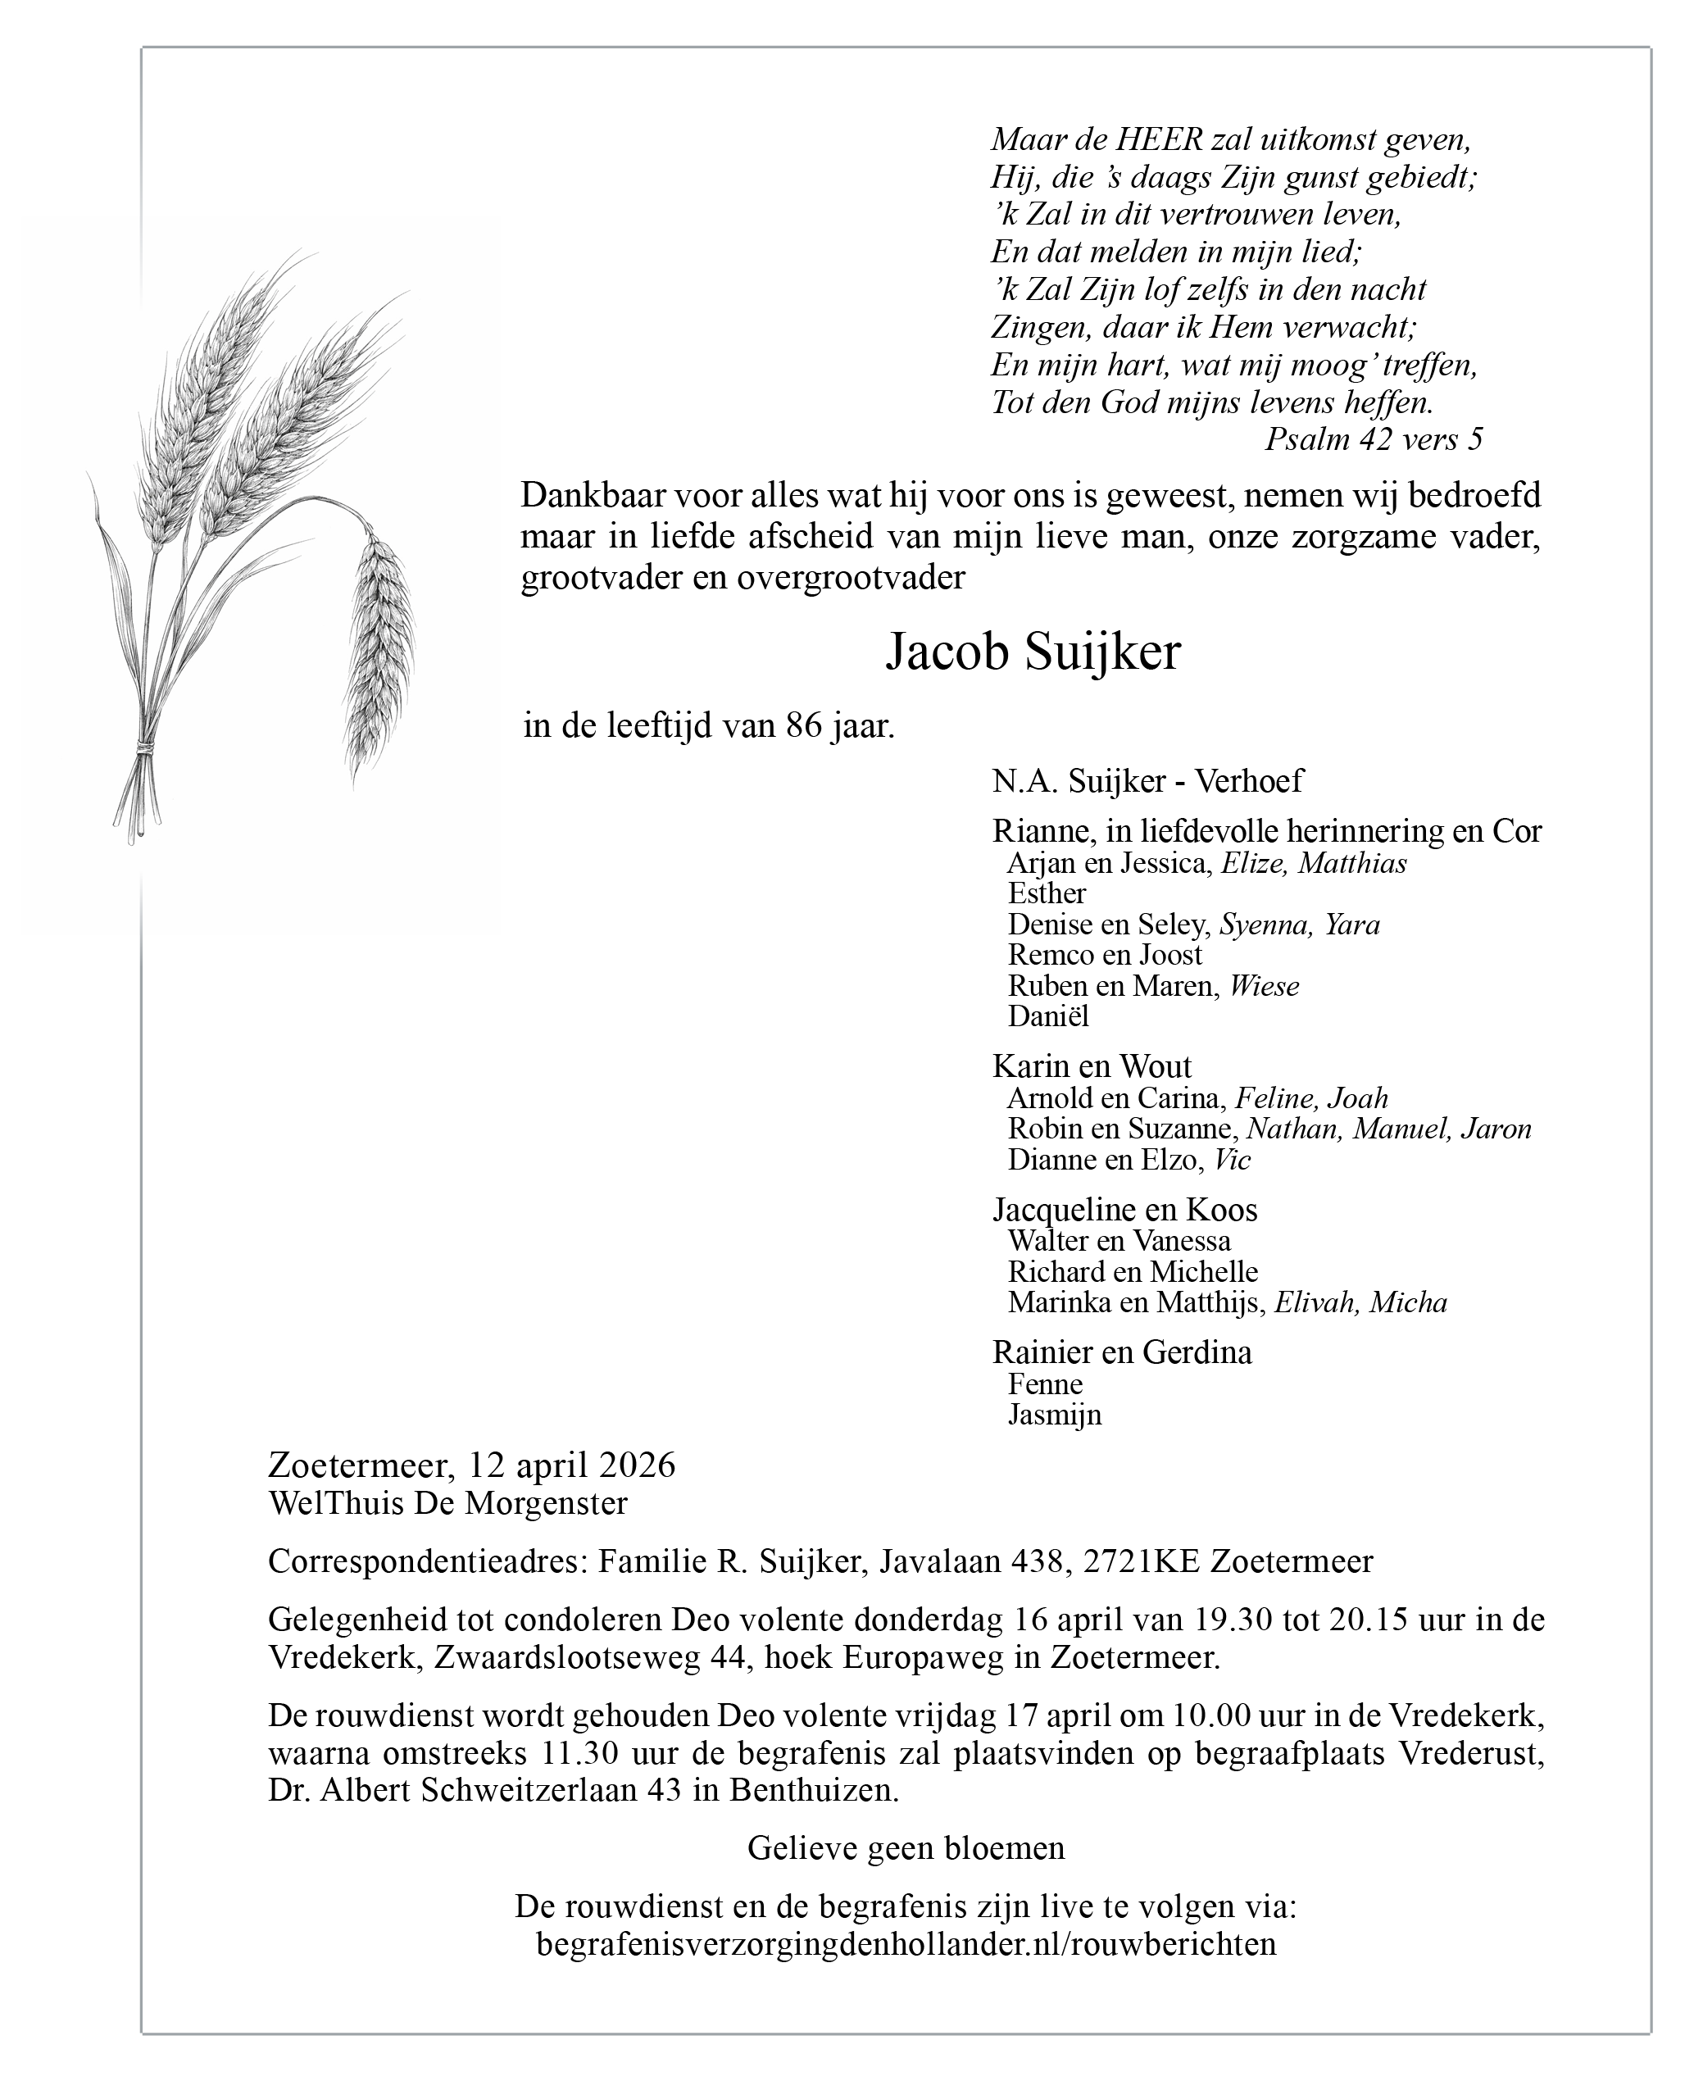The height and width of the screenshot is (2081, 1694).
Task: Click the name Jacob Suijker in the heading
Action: [x=1033, y=652]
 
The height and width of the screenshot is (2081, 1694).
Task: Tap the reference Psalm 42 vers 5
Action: [x=1373, y=440]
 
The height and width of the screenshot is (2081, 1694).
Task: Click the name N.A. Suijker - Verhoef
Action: [x=1147, y=780]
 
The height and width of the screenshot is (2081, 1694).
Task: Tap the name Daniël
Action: [x=1048, y=1016]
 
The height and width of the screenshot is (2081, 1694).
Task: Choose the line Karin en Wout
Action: [x=1092, y=1065]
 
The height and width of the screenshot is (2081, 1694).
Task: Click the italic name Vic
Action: [x=1232, y=1160]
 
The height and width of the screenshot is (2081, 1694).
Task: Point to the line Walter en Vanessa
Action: [x=1119, y=1241]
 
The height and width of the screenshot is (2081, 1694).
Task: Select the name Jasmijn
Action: [x=1054, y=1415]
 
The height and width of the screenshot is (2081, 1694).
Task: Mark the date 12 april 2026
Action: [x=571, y=1465]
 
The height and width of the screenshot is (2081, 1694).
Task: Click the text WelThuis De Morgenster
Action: [x=448, y=1503]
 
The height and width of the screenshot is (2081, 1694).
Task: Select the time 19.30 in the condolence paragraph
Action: [x=1233, y=1620]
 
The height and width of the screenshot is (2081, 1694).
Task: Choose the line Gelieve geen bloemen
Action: [x=906, y=1848]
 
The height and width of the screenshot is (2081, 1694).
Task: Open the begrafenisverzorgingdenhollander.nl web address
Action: [x=906, y=1943]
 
